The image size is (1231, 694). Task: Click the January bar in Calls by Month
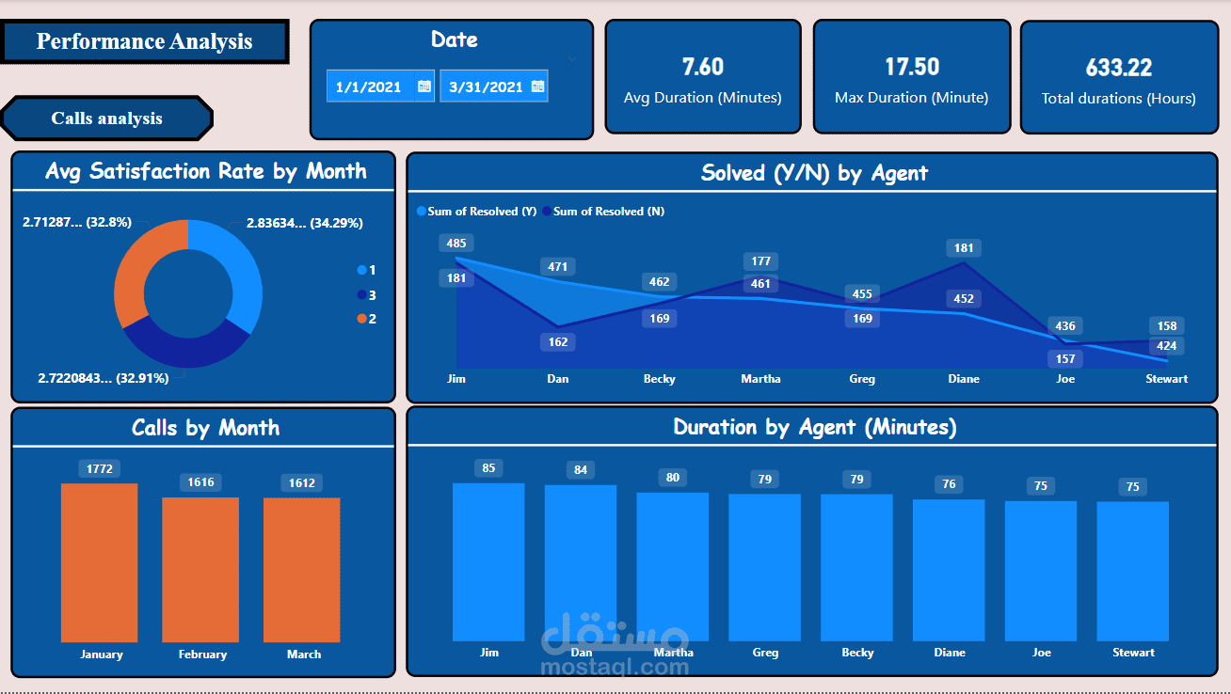click(99, 562)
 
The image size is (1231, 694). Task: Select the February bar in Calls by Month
click(200, 569)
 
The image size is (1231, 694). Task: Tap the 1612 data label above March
click(302, 482)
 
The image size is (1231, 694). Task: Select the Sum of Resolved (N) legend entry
click(603, 212)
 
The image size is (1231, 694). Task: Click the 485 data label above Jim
click(456, 244)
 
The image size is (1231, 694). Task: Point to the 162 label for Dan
click(558, 342)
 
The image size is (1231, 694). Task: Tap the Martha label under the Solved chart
click(760, 378)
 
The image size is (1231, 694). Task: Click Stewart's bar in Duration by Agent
click(1132, 571)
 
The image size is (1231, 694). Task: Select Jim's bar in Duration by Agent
click(488, 562)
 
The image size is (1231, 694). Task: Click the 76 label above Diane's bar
click(949, 483)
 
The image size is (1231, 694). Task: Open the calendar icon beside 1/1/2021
click(424, 87)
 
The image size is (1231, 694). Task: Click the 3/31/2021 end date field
click(494, 87)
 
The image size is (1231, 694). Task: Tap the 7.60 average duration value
click(703, 67)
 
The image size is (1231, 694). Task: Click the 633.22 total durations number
click(1119, 68)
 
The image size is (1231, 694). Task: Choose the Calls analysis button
click(106, 118)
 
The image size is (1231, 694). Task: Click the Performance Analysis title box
click(145, 41)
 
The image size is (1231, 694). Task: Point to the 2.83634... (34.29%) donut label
click(304, 223)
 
